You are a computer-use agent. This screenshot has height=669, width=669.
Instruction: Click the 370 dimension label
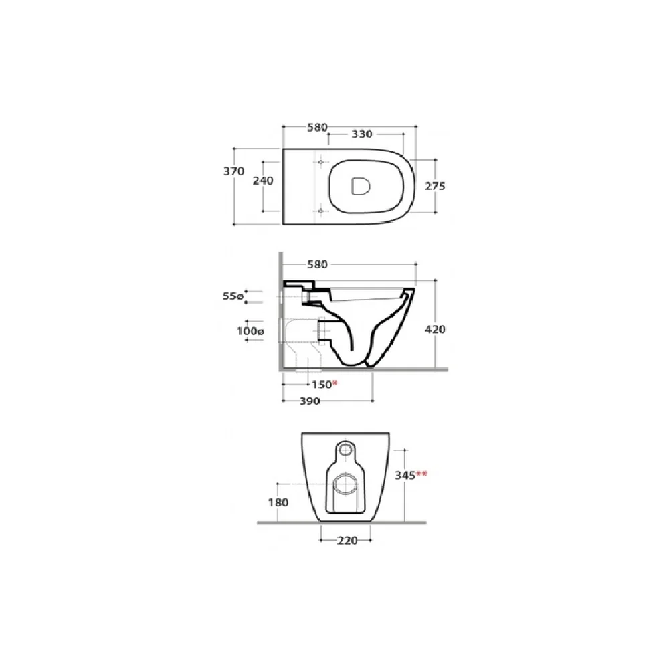233,171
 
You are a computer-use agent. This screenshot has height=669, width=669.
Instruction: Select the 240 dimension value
263,181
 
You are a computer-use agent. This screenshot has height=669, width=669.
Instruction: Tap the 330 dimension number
362,134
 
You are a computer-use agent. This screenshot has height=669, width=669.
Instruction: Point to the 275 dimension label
436,186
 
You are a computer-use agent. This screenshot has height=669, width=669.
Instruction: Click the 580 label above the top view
317,128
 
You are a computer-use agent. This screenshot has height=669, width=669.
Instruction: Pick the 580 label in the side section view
317,264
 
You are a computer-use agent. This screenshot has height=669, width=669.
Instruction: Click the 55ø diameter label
233,296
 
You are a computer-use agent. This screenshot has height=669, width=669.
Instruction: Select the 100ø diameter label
250,331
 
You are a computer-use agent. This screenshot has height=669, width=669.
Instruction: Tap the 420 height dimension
436,329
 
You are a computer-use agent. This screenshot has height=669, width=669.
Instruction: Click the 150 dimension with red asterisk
324,385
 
